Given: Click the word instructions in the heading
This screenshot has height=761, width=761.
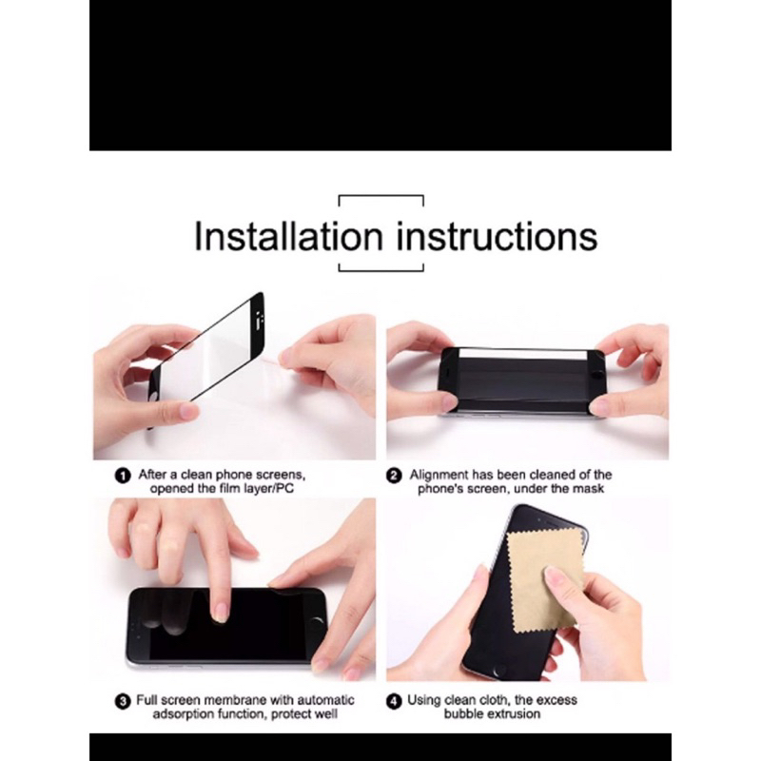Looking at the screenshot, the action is click(x=497, y=236).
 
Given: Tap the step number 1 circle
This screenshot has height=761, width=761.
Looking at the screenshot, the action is click(x=123, y=476).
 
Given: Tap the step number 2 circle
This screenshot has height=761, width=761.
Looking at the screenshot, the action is click(x=394, y=476).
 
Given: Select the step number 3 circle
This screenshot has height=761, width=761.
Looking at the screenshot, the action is click(x=123, y=701).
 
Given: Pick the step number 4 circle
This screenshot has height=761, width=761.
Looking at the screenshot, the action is click(x=394, y=701).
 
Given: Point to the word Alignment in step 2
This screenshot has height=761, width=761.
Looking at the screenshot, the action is click(x=439, y=475).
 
